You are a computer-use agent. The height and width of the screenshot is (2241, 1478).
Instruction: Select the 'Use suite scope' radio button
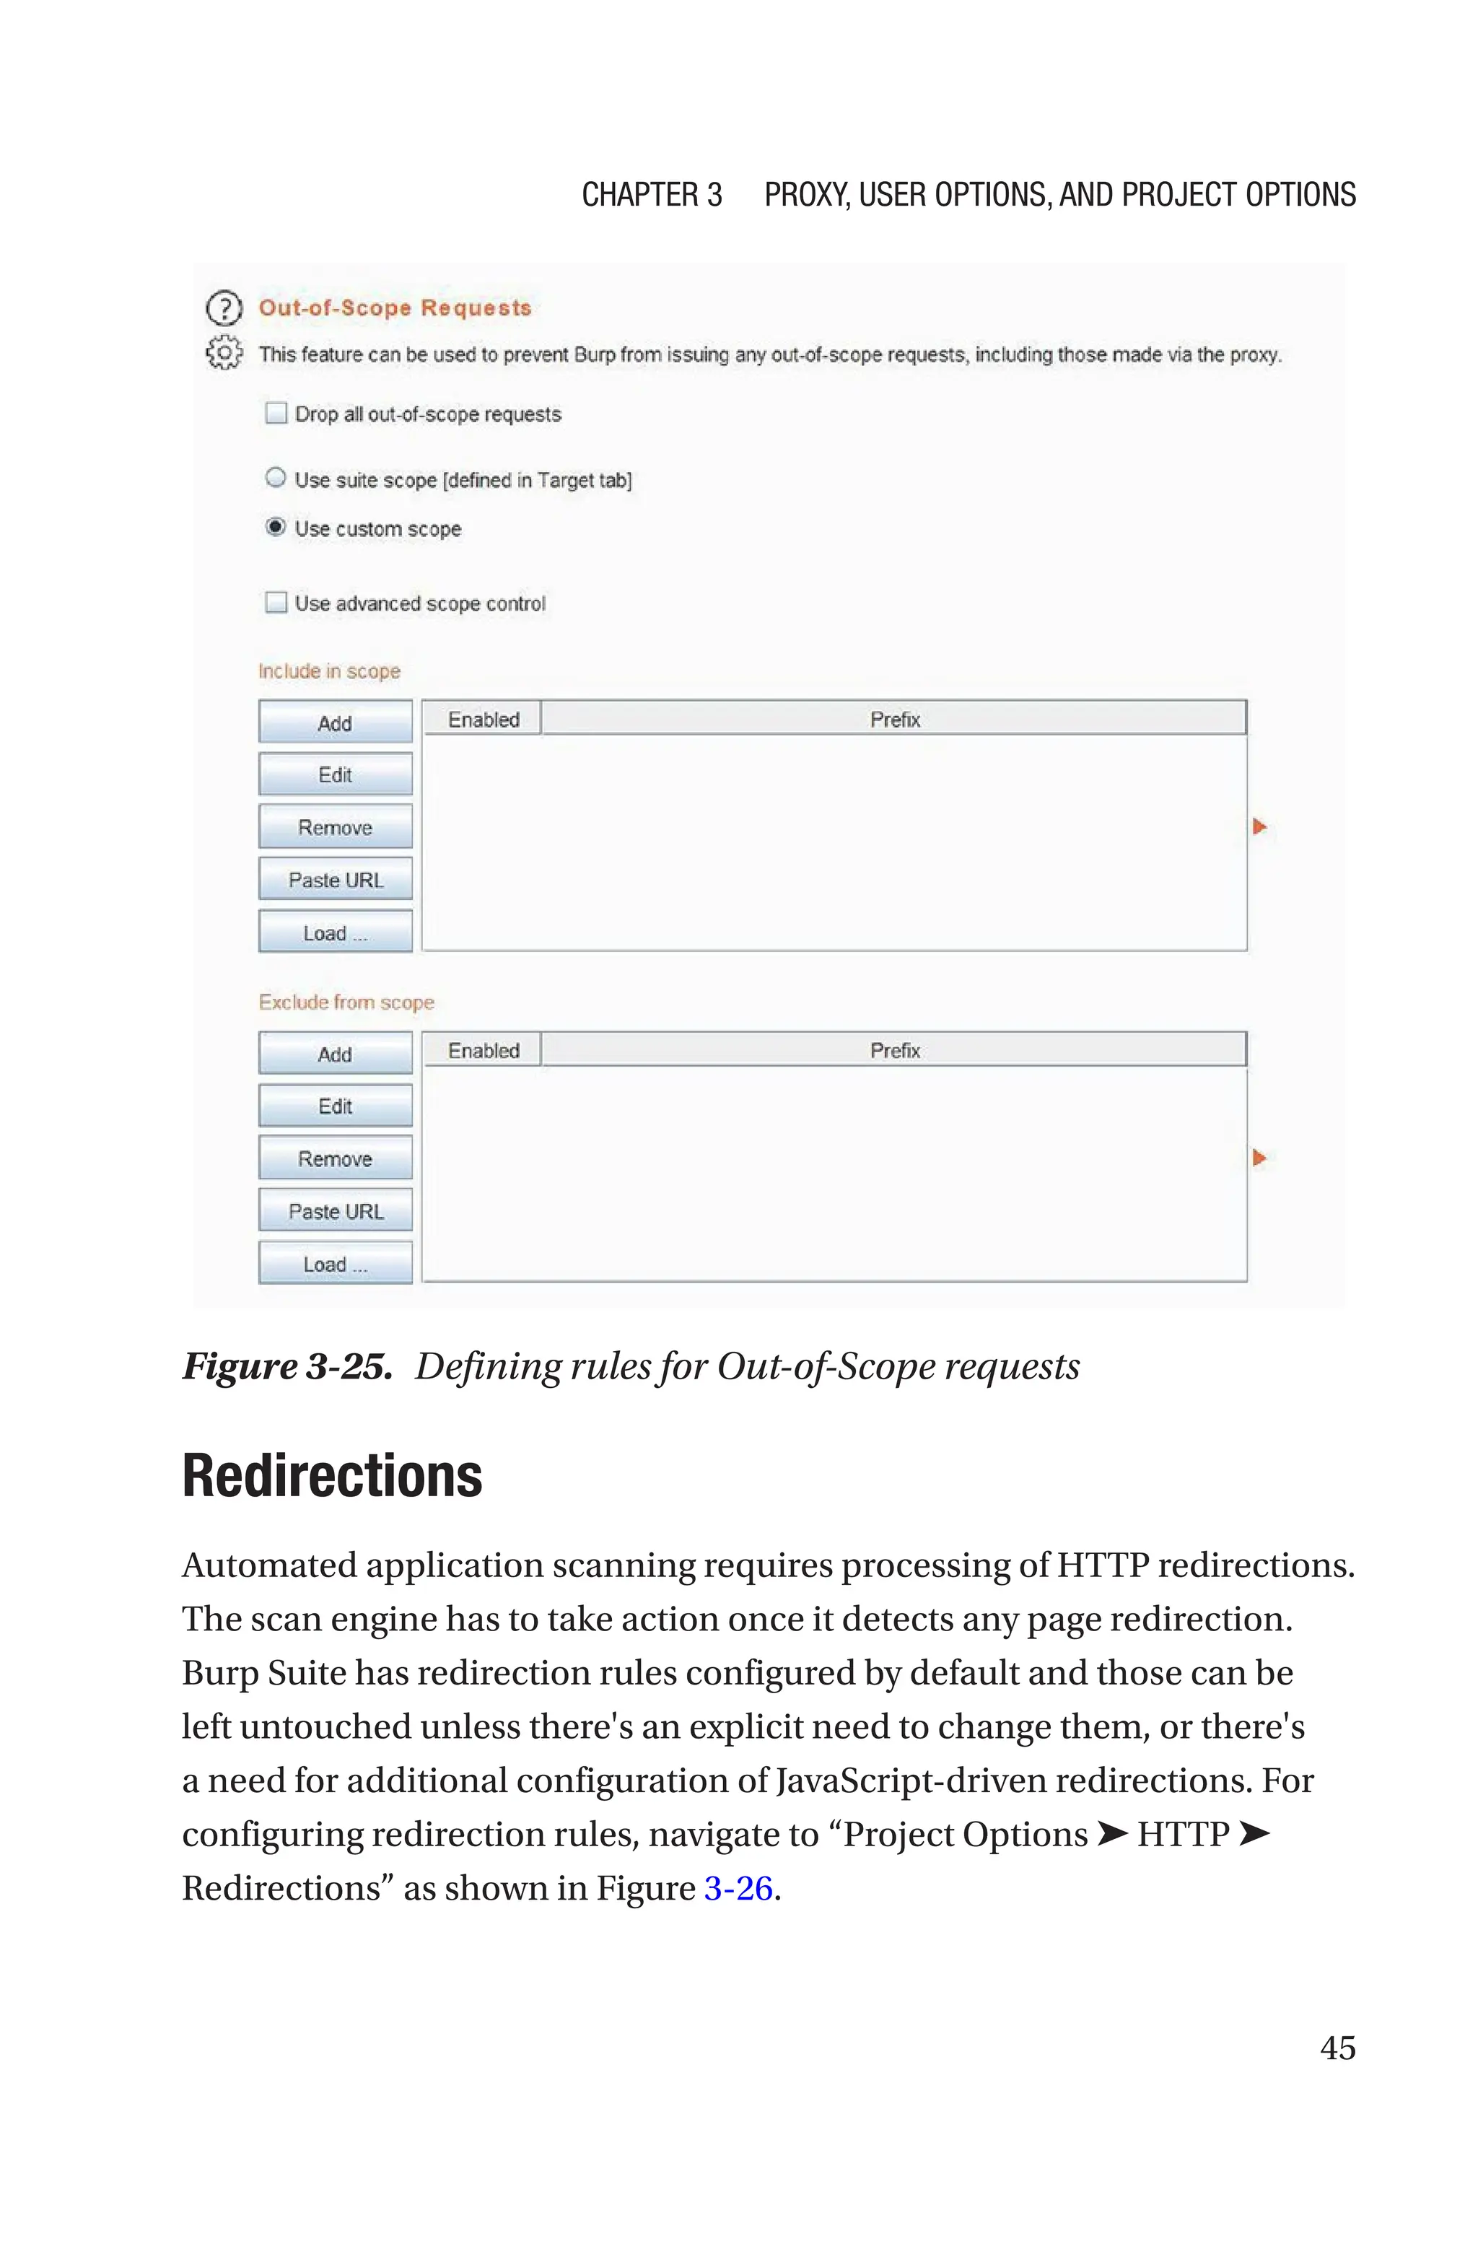click(275, 478)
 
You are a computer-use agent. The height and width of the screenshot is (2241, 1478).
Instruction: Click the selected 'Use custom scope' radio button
click(275, 527)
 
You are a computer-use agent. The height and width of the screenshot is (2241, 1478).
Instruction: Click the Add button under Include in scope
click(335, 722)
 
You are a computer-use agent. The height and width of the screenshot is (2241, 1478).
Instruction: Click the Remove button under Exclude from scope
click(335, 1158)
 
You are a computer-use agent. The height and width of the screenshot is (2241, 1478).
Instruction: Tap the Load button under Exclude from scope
click(335, 1264)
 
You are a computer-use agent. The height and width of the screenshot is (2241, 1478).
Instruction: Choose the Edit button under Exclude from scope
click(335, 1106)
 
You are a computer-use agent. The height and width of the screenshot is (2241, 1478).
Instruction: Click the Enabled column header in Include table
click(483, 719)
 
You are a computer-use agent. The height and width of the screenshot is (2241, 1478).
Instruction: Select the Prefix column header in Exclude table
click(893, 1050)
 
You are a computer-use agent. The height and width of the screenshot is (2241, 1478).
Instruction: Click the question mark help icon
click(224, 308)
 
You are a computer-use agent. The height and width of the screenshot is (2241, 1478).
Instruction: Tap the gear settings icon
click(224, 352)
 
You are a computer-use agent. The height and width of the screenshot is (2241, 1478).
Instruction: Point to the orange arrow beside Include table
click(1259, 826)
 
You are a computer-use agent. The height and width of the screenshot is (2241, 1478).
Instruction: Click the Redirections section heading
click(332, 1476)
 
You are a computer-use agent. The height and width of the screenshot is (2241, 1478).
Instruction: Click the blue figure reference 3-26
click(738, 1887)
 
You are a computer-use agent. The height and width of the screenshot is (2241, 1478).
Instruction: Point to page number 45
click(1337, 2047)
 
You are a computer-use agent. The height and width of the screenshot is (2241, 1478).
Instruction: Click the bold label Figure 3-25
click(287, 1366)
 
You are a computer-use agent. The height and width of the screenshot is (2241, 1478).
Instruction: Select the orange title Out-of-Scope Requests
click(395, 308)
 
